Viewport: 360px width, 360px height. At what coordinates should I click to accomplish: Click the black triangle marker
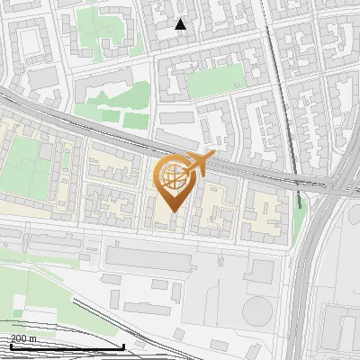coord(181,24)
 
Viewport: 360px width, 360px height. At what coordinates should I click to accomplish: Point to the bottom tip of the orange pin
coord(172,211)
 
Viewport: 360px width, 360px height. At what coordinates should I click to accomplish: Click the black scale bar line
coord(63,346)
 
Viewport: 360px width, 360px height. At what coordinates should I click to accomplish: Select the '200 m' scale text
coord(23,338)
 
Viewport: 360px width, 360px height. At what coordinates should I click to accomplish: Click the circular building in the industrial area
coord(256,310)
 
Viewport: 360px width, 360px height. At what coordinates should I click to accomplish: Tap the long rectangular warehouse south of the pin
coord(162,256)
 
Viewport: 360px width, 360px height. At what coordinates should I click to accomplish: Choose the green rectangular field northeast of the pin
coord(215,81)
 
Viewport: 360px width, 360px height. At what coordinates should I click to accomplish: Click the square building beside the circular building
coord(262,271)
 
